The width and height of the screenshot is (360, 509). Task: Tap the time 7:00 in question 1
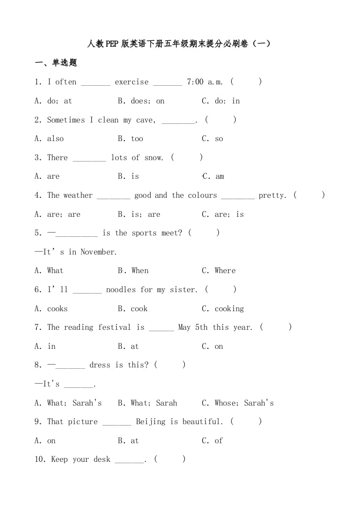(195, 82)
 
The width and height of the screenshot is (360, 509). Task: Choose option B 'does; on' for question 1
(141, 101)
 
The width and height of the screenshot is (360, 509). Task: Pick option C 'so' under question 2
(212, 139)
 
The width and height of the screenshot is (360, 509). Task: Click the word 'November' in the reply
(98, 252)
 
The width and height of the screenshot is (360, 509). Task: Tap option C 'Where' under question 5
(219, 271)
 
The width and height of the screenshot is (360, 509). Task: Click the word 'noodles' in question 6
(121, 290)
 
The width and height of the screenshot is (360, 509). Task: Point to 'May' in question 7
(185, 328)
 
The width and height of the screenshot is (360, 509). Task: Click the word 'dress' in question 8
(100, 365)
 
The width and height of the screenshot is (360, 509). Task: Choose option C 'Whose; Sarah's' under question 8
(238, 403)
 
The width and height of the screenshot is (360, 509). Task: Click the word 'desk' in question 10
(102, 460)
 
